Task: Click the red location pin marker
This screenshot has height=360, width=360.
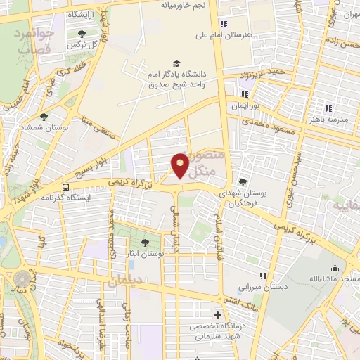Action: click(x=181, y=165)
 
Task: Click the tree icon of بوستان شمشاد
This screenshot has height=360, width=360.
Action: click(x=44, y=117)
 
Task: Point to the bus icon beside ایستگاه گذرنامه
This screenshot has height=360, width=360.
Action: click(x=65, y=187)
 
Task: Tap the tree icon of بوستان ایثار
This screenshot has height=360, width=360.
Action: click(x=145, y=242)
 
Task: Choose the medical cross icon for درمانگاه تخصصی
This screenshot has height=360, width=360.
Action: click(x=218, y=315)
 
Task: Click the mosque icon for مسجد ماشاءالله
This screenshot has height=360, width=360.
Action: click(x=335, y=269)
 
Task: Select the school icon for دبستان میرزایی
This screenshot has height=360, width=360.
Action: click(x=263, y=276)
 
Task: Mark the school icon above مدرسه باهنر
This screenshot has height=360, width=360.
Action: click(x=328, y=108)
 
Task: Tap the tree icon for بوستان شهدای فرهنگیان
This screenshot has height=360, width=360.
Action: click(x=243, y=181)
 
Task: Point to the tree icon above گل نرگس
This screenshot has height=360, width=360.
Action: click(x=82, y=33)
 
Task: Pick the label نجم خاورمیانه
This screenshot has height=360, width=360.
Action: click(x=184, y=5)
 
